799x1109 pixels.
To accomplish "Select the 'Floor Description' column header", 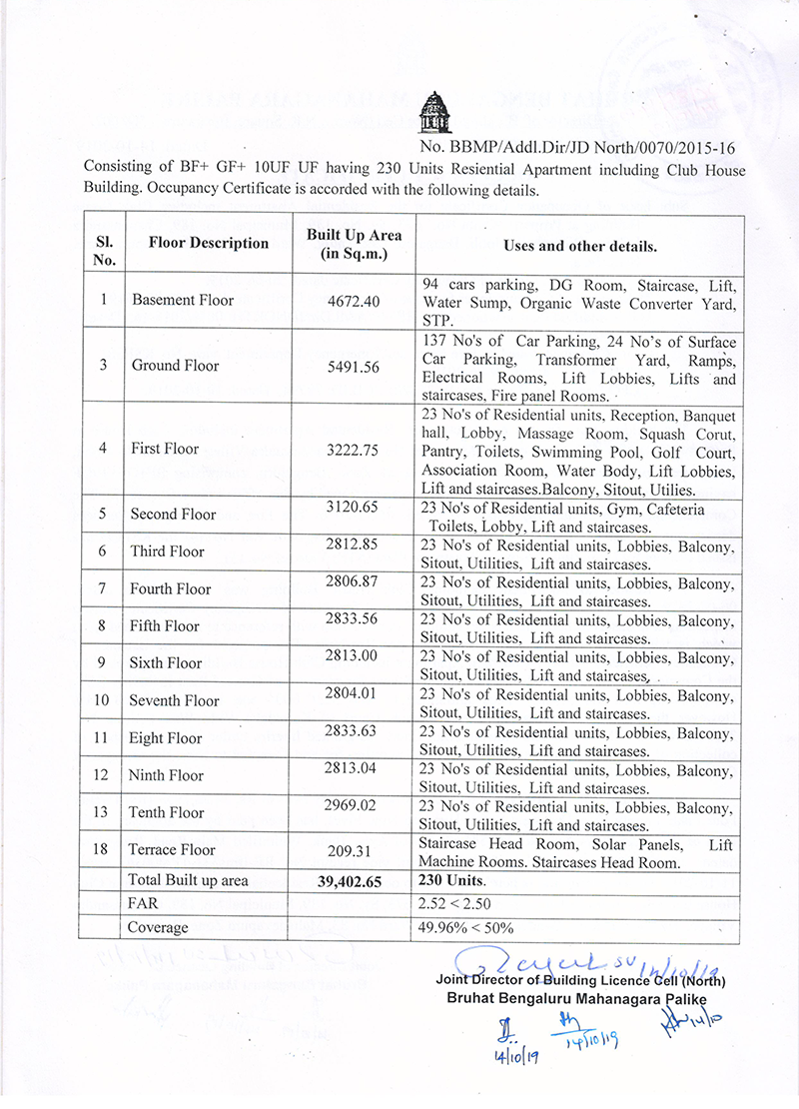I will pos(209,243).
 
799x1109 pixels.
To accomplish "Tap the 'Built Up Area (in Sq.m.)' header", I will pos(354,244).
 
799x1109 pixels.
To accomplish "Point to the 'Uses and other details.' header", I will pos(580,245).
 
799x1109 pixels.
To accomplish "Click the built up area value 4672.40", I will pos(353,300).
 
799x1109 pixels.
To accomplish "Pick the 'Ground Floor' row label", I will pos(175,365).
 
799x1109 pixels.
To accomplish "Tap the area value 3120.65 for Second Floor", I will pos(353,508).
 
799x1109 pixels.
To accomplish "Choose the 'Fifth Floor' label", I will pos(165,626).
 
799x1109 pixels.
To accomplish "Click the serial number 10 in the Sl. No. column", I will pos(102,700).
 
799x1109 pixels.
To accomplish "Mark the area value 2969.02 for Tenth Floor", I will pos(353,805).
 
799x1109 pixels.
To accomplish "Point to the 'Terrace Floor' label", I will pos(172,850).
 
